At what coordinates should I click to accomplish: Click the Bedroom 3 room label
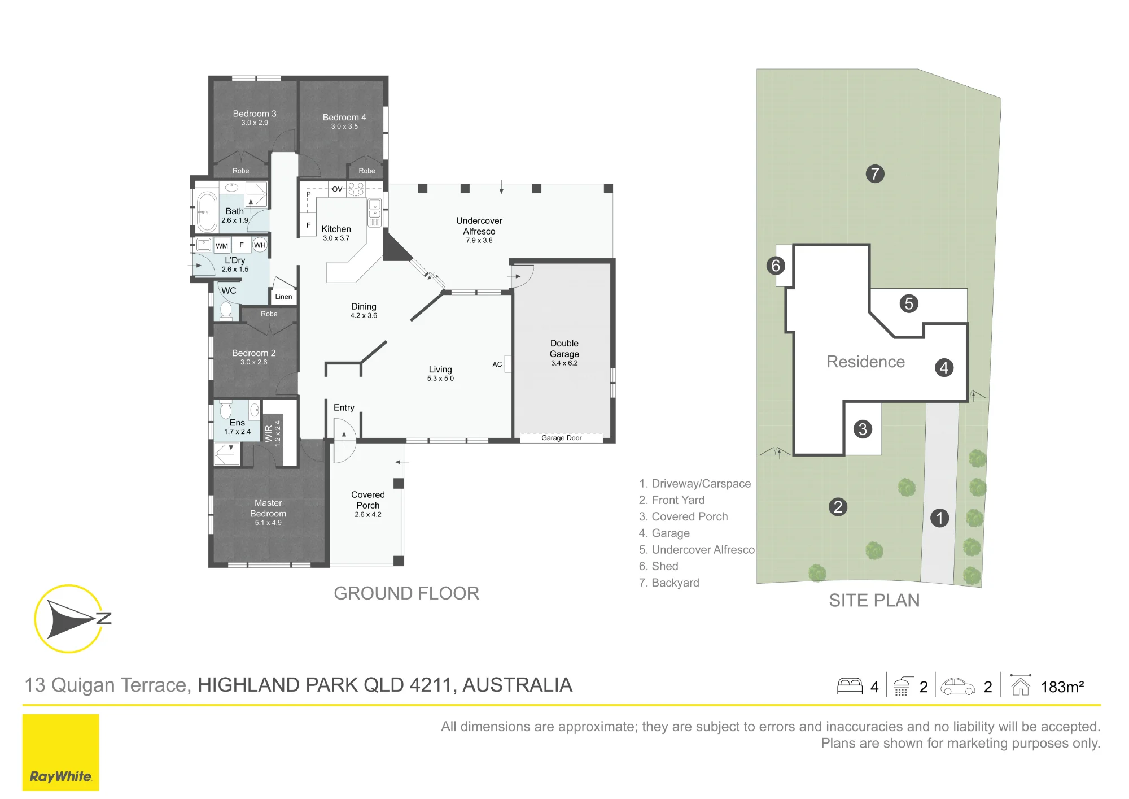click(255, 118)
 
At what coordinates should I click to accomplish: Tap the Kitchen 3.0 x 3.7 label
click(336, 233)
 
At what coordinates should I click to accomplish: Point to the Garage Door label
click(562, 438)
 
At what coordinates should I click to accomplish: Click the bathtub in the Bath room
click(207, 212)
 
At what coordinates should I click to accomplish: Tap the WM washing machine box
click(222, 246)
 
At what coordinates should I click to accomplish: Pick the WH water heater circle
click(260, 245)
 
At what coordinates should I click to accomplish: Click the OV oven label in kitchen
click(337, 189)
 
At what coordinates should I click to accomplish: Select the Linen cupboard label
click(283, 297)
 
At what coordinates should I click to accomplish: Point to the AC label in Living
click(497, 364)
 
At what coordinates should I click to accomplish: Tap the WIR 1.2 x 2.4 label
click(273, 433)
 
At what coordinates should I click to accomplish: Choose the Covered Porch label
click(368, 504)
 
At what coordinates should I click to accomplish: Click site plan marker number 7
click(875, 173)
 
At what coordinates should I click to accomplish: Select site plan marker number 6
click(776, 266)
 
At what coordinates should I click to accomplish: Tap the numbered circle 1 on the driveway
click(939, 518)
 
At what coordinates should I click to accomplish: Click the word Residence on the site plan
click(865, 362)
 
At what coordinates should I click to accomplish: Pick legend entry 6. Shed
click(659, 566)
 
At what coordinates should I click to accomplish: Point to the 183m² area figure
click(1062, 687)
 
